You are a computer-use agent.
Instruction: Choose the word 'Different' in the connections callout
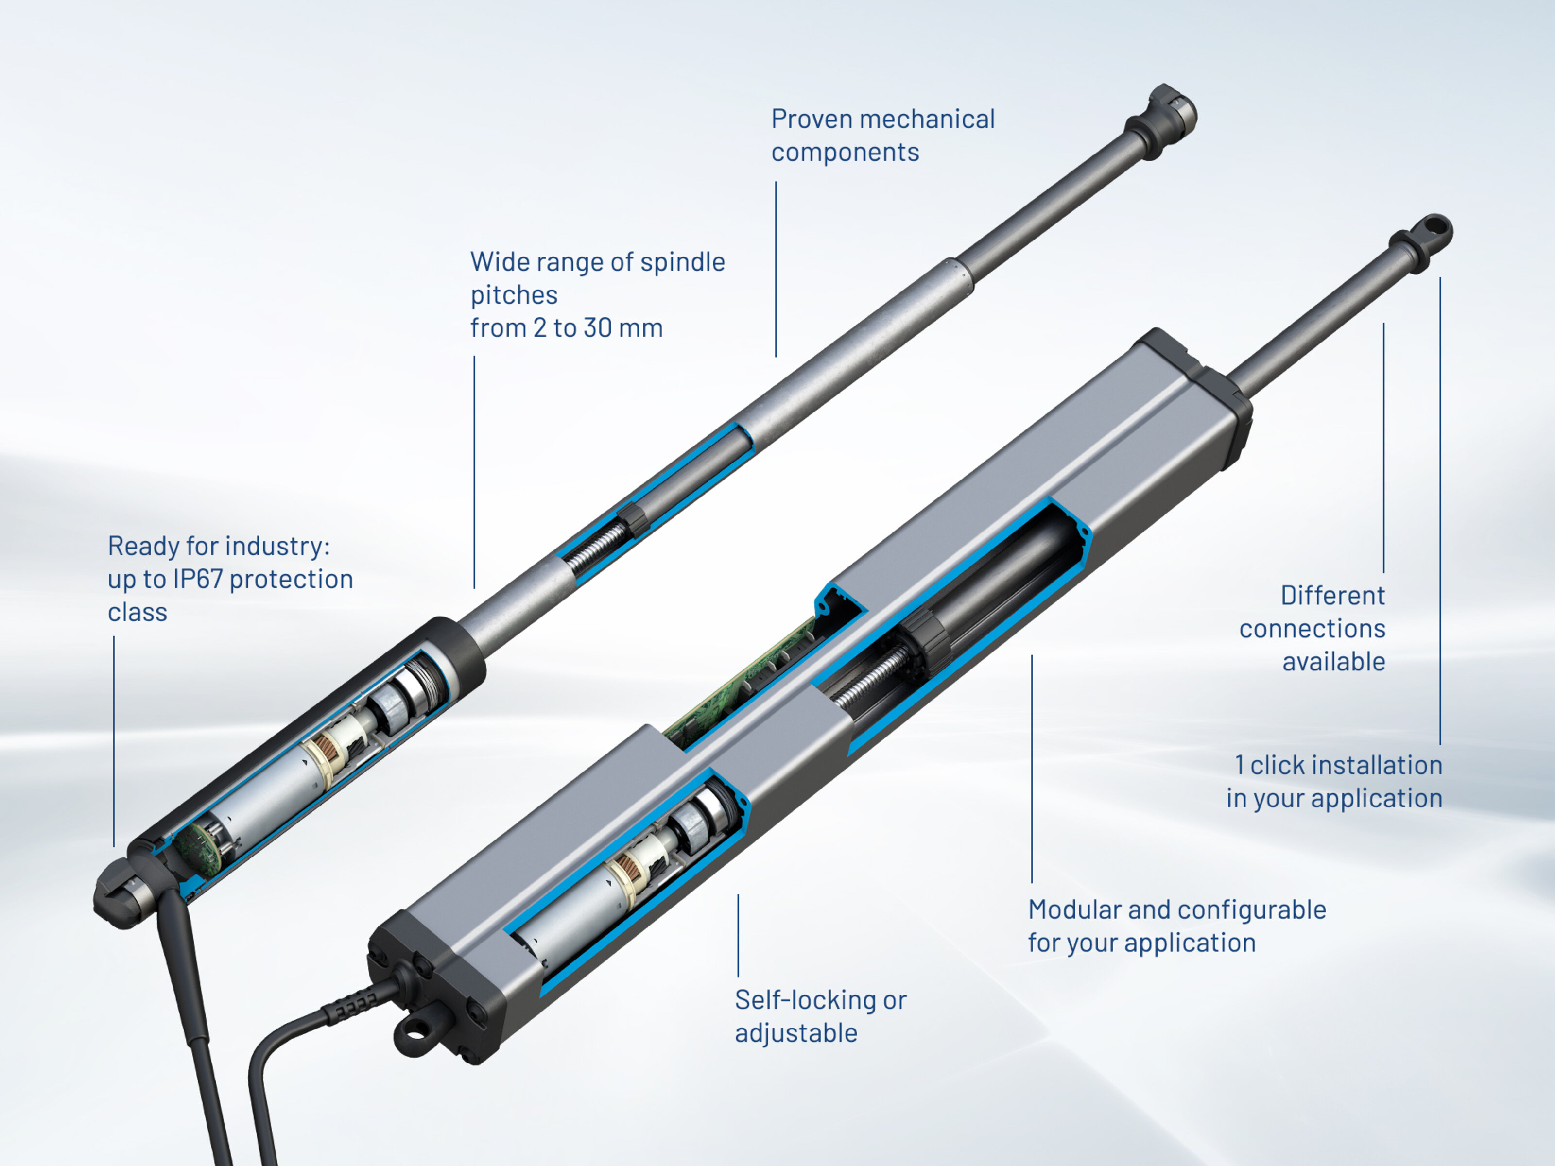(x=1333, y=595)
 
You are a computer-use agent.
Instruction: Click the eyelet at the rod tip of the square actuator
(x=1431, y=232)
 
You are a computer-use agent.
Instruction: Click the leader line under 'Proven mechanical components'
(x=776, y=269)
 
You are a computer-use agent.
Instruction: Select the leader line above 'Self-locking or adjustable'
(x=738, y=935)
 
